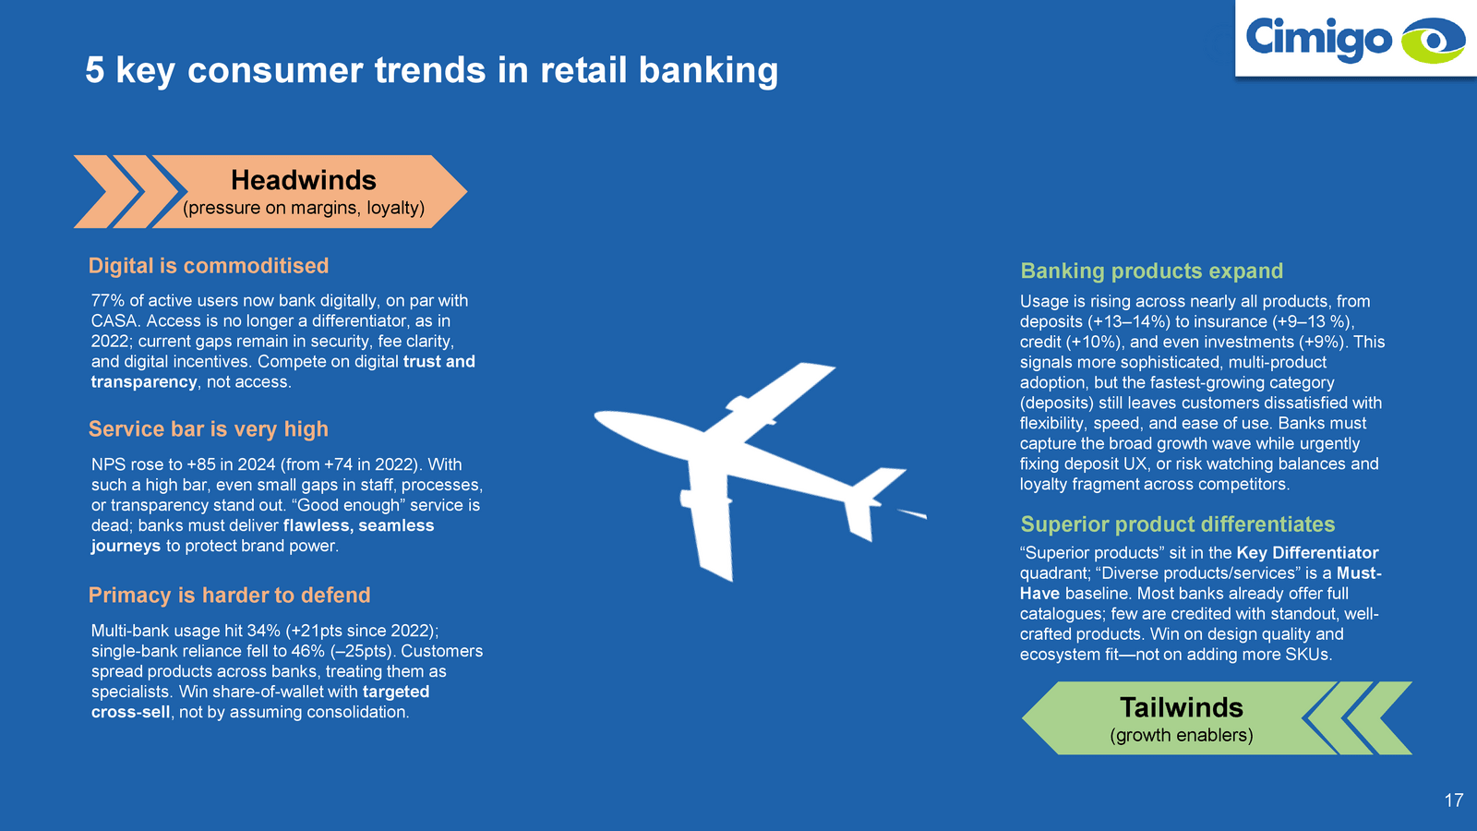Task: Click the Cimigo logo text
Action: click(1319, 39)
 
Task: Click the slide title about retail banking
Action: click(431, 70)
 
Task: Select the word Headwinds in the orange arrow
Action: click(304, 180)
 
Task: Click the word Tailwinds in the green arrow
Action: click(1181, 707)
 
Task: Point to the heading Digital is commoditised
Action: click(209, 266)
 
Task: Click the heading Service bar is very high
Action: click(209, 429)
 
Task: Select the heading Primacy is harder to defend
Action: click(230, 595)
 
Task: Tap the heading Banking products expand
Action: click(1151, 271)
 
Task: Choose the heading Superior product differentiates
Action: click(1178, 524)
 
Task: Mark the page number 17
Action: click(1454, 801)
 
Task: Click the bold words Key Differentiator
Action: click(1307, 553)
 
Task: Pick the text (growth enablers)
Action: click(1181, 735)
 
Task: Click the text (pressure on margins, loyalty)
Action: click(304, 208)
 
